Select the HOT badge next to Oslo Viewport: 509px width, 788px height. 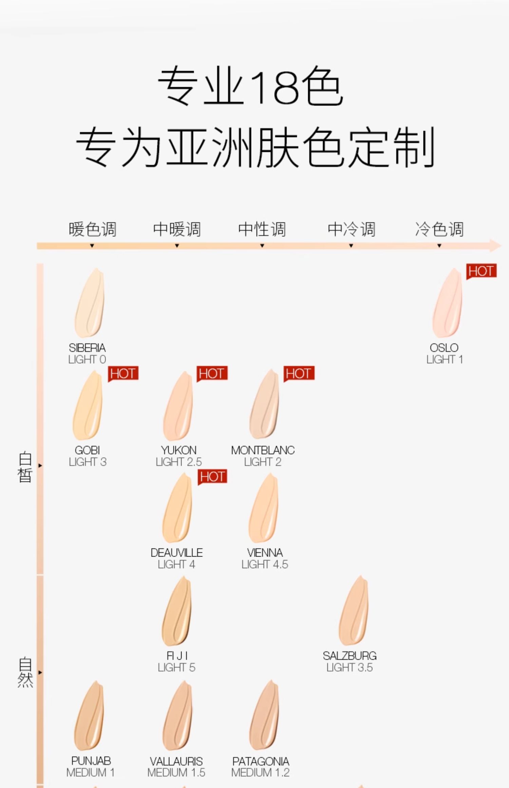tap(481, 271)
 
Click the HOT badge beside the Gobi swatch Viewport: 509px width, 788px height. tap(123, 374)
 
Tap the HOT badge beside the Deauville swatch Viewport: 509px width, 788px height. tap(212, 477)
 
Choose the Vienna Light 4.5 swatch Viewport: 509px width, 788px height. tap(264, 508)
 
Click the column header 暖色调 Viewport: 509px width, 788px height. tap(92, 229)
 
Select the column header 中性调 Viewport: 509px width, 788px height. tap(262, 229)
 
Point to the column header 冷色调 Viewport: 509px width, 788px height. tap(439, 229)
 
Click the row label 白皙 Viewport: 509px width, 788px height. tap(25, 467)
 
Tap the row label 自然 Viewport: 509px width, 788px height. tap(25, 672)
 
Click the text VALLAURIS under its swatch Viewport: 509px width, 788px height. tap(176, 761)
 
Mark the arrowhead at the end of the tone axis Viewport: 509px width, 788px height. tap(496, 245)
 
